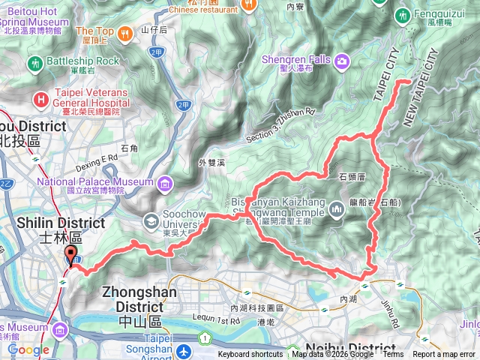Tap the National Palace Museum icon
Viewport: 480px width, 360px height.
point(164,182)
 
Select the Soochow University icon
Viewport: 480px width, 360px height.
point(150,221)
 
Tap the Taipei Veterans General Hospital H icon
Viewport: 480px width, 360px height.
point(40,99)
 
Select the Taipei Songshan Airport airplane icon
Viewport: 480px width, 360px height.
point(184,350)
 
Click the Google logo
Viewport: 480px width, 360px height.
point(28,349)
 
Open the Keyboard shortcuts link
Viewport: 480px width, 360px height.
point(250,355)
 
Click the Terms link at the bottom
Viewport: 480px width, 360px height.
point(392,355)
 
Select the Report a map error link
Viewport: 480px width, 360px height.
point(444,355)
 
